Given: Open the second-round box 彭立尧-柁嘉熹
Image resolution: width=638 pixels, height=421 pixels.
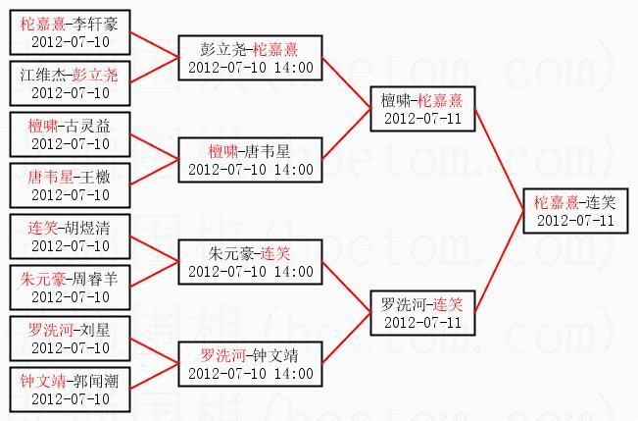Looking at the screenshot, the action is coord(250,58).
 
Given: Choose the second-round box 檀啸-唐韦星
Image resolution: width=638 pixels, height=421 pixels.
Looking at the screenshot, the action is coord(250,160).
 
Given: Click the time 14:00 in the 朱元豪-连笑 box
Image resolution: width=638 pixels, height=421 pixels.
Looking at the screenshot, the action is coord(294,272).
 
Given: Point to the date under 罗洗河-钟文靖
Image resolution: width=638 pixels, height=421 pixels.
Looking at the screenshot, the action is coord(225,374).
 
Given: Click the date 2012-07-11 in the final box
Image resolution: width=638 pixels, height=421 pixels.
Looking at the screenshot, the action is coord(575,221).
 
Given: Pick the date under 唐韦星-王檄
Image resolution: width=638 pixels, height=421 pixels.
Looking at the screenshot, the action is coord(71,194).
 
